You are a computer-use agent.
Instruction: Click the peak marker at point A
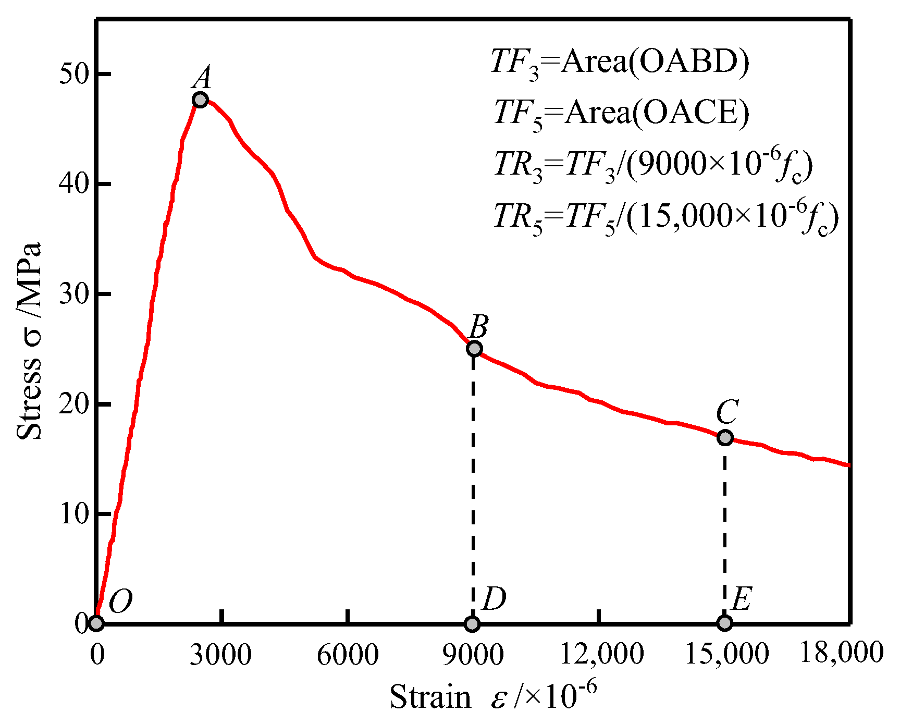tap(200, 100)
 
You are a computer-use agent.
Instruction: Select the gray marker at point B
tap(474, 349)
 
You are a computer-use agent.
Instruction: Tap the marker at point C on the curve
tap(725, 437)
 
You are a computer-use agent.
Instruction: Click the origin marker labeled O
tap(96, 623)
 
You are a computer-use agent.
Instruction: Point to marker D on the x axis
tap(472, 623)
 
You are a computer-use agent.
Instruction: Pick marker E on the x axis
tap(724, 623)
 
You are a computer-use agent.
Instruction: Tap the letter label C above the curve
tap(726, 412)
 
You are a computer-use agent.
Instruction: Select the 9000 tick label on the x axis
tap(473, 655)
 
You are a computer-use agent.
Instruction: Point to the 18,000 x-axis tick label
tap(841, 653)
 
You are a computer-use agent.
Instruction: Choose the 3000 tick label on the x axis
tap(220, 655)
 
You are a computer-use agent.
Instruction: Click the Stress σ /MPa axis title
tap(29, 341)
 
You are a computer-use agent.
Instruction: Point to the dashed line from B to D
tap(473, 485)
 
